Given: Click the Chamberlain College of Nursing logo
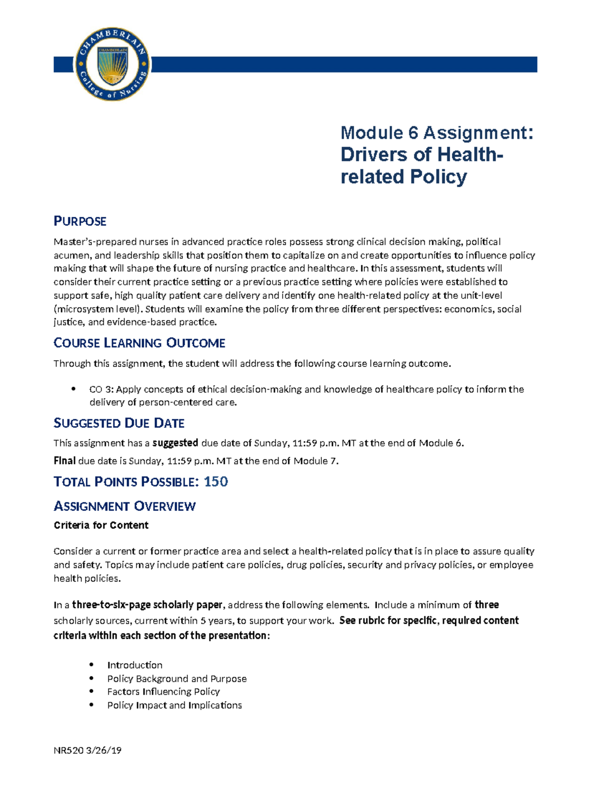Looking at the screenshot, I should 112,64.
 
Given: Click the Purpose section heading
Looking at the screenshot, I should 80,221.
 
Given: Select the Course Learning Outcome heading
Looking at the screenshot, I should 139,343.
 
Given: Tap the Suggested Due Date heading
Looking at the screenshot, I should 119,423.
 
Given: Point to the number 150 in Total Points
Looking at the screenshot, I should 216,482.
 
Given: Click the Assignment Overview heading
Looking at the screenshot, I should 124,506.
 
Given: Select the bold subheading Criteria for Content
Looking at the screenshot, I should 101,525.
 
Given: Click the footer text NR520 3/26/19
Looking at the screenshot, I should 87,750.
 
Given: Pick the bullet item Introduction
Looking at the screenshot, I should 134,665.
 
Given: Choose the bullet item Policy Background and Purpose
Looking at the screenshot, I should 177,678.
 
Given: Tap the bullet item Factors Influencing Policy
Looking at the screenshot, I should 163,692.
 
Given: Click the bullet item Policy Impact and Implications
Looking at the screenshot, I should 174,705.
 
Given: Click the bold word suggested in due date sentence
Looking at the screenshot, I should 175,443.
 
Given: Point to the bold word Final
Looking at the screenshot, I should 64,461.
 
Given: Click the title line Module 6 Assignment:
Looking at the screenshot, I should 437,133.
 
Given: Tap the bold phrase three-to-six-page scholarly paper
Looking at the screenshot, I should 147,605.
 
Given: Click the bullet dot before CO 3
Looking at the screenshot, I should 74,389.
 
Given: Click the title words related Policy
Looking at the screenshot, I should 403,177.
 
